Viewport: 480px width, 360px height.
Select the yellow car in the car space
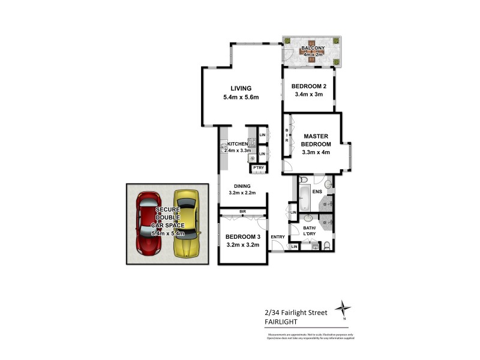185,223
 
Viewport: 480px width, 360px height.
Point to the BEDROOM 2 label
307,86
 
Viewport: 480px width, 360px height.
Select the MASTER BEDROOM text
317,140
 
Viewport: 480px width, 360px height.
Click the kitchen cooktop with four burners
253,142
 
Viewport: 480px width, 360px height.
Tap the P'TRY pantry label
259,168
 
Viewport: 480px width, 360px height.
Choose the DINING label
242,186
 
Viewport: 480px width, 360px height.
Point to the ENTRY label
278,237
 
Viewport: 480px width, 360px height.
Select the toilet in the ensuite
304,179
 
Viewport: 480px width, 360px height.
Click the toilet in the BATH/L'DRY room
326,246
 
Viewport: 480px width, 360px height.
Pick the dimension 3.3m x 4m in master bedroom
317,154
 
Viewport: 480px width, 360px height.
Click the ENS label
317,192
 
